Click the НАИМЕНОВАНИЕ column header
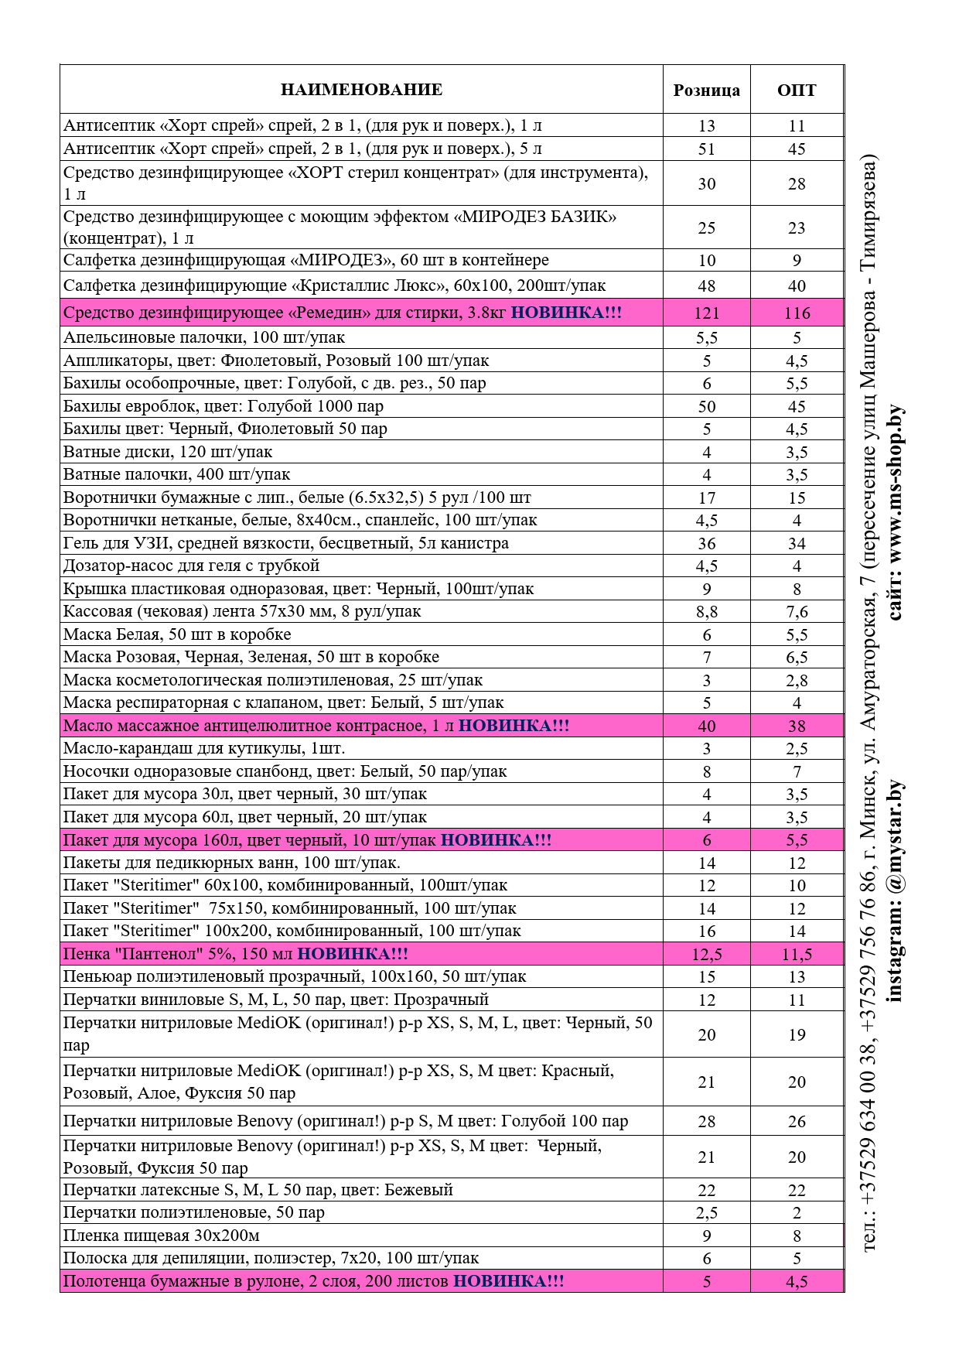pos(361,90)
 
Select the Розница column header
pos(706,91)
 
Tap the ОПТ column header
pos(797,91)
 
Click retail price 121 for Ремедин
pos(706,313)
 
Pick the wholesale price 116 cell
pos(797,313)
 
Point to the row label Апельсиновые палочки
pos(204,337)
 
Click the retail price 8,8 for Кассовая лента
pos(706,612)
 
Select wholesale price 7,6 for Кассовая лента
pos(797,612)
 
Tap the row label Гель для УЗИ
pos(286,543)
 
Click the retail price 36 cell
pos(706,544)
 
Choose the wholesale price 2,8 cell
pos(797,681)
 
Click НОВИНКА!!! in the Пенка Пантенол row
pos(353,954)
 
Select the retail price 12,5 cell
pos(706,955)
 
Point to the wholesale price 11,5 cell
pos(797,955)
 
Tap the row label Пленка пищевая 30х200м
pos(161,1236)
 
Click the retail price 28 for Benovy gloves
pos(706,1122)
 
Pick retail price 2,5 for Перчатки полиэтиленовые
pos(706,1213)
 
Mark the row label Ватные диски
pos(168,452)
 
